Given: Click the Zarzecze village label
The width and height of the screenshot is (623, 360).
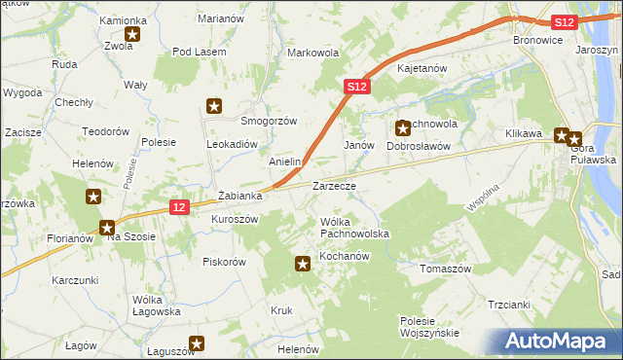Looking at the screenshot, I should tap(334, 185).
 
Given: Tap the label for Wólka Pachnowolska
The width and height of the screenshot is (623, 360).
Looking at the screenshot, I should tap(355, 229).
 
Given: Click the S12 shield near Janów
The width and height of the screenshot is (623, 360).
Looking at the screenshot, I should tap(356, 87).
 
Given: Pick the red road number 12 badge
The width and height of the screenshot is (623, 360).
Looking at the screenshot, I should tap(177, 206).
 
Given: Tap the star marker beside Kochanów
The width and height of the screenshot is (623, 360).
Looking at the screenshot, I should tap(303, 261).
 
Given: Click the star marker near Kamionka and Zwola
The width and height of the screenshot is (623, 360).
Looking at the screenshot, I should tap(132, 35).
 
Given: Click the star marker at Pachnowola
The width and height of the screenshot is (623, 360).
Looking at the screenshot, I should tap(403, 127).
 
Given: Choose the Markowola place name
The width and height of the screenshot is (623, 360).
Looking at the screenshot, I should tap(312, 53).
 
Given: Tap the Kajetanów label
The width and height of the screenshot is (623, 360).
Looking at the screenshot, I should tap(421, 69).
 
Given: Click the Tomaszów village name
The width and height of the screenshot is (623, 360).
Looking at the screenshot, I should tap(445, 269).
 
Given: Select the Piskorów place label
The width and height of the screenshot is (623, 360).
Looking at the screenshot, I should tap(224, 261).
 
